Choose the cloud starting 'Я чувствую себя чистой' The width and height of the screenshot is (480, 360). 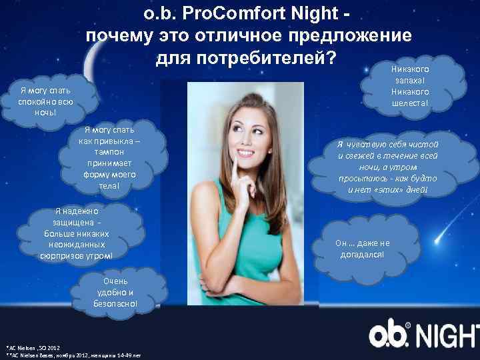click(x=387, y=167)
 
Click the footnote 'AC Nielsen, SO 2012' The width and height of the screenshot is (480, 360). click(x=33, y=348)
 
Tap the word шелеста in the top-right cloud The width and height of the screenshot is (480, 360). click(x=411, y=103)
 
